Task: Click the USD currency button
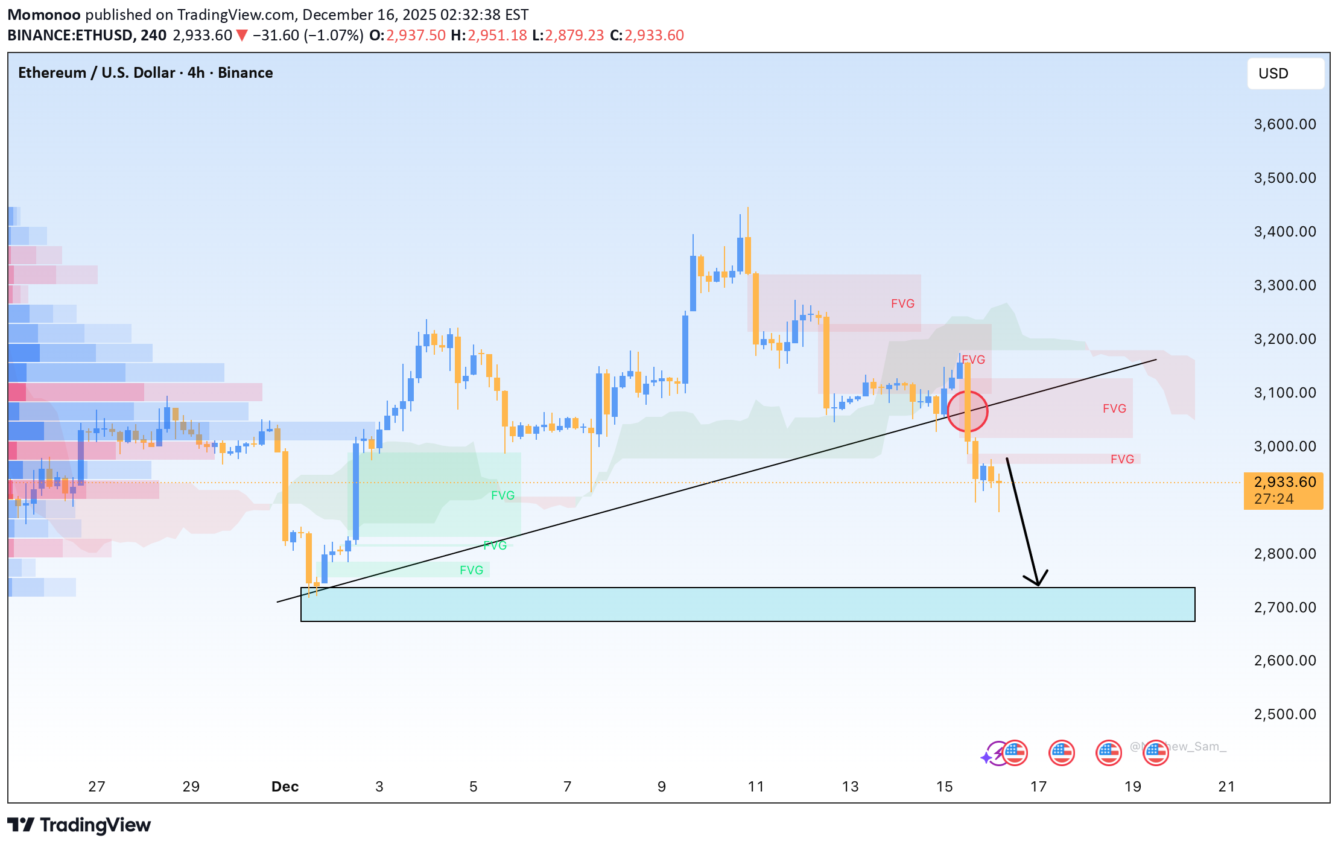click(x=1285, y=74)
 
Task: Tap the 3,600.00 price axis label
click(x=1284, y=124)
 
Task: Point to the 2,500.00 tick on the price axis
click(x=1284, y=714)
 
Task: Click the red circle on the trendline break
click(x=967, y=411)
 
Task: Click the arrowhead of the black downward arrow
click(x=1037, y=580)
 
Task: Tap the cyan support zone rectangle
click(x=747, y=604)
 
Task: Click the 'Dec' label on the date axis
click(x=285, y=787)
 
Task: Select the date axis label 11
click(x=755, y=787)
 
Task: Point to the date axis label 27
click(x=97, y=787)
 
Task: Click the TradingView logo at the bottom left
click(x=79, y=825)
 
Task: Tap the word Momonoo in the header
click(x=43, y=14)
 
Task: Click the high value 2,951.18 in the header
click(x=497, y=36)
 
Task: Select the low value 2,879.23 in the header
click(x=574, y=36)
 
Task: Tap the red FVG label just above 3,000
click(x=1122, y=459)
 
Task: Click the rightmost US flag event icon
click(x=1155, y=752)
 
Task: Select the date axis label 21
click(x=1226, y=787)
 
